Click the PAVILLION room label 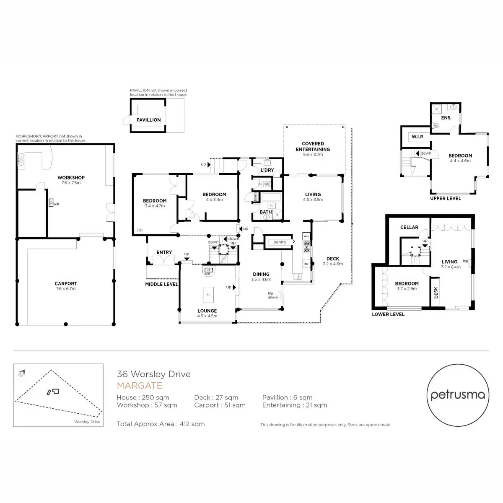point(148,120)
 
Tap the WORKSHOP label point(71,178)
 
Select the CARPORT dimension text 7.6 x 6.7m point(66,289)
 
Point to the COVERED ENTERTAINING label point(313,146)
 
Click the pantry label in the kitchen point(280,242)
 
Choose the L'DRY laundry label point(267,170)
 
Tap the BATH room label point(266,212)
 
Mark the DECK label point(333,259)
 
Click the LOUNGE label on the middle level point(207,311)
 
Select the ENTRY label point(164,252)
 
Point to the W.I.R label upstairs point(417,137)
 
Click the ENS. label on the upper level point(446,118)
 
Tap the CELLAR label point(409,227)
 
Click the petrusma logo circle point(458,395)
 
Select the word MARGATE point(139,386)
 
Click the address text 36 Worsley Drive point(153,374)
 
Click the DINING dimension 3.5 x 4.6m point(261,280)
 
